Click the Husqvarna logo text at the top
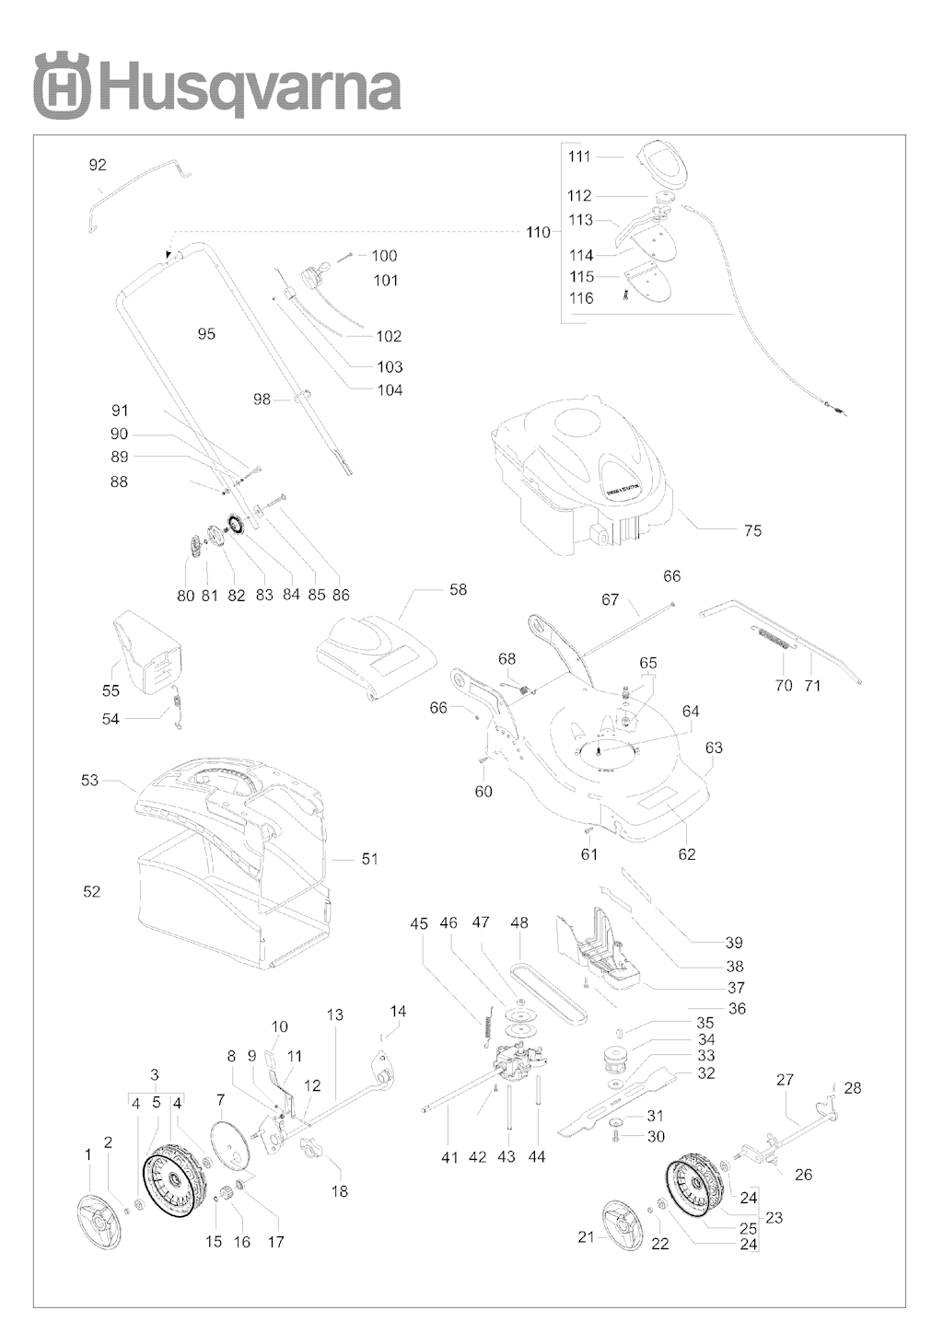pyautogui.click(x=249, y=87)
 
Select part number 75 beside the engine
pyautogui.click(x=752, y=530)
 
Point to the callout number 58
pyautogui.click(x=458, y=590)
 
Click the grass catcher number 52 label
pyautogui.click(x=91, y=891)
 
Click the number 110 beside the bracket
pyautogui.click(x=538, y=232)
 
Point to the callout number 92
pyautogui.click(x=97, y=166)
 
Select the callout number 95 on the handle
pyautogui.click(x=206, y=333)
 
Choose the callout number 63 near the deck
pyautogui.click(x=714, y=748)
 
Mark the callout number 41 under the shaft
pyautogui.click(x=448, y=1157)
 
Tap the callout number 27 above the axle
pyautogui.click(x=785, y=1079)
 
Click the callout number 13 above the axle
pyautogui.click(x=335, y=1014)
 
